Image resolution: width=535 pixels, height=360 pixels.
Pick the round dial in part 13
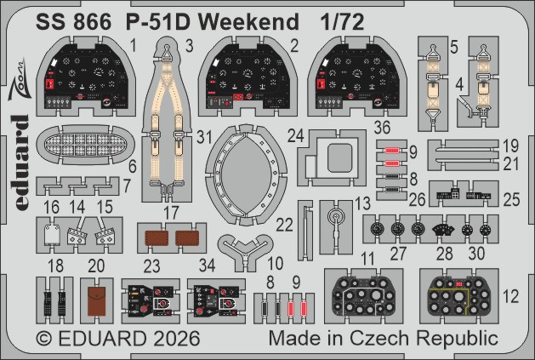tap(338, 217)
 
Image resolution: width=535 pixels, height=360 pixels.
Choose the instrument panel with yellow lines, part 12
tap(460, 295)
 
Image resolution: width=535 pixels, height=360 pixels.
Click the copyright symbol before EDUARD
tap(44, 338)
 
